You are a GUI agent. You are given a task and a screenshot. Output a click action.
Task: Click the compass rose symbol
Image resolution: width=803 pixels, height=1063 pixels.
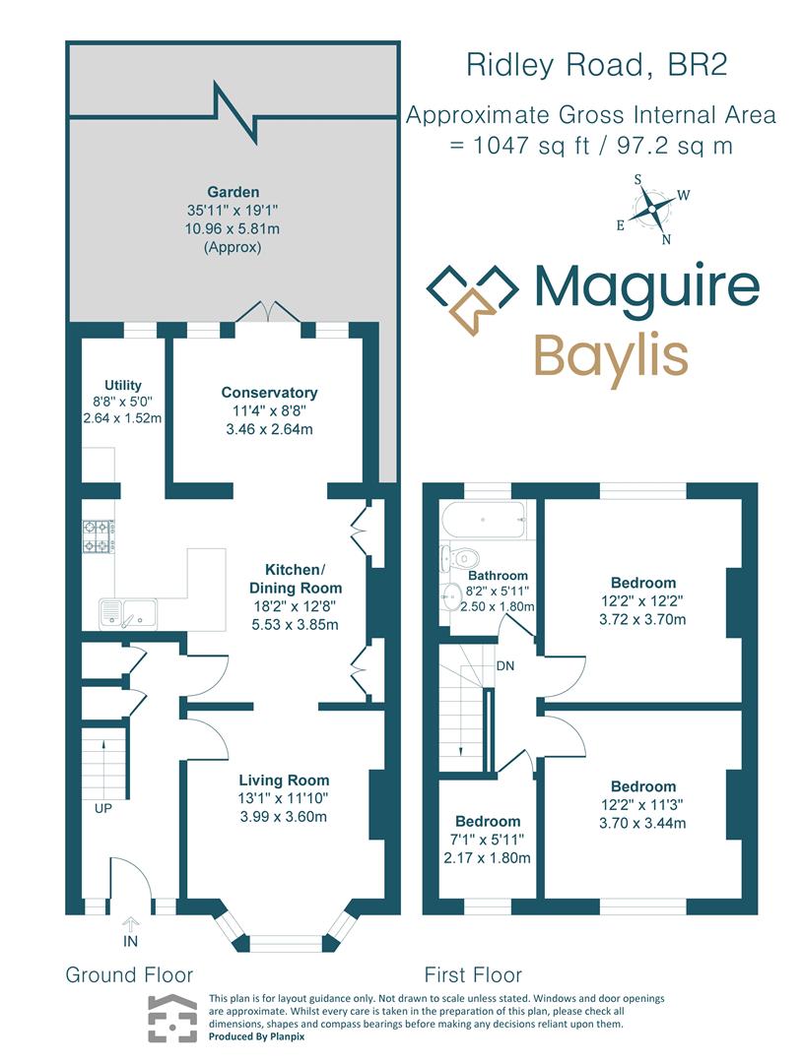[x=651, y=209]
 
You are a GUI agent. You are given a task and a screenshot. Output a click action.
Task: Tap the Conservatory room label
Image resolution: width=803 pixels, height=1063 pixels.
[x=269, y=392]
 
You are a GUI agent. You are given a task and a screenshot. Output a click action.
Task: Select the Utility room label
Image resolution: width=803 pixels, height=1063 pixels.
[x=123, y=385]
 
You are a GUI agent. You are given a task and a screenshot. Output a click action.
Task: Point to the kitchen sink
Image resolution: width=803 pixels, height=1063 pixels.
[x=127, y=612]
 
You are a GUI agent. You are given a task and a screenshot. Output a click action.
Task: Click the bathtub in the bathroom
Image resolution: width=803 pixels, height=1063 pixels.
[x=483, y=519]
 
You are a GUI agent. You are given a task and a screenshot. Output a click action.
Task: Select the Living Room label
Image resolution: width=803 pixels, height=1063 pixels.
[x=284, y=781]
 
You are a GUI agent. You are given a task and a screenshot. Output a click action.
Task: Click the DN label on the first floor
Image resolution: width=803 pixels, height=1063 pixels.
[x=506, y=665]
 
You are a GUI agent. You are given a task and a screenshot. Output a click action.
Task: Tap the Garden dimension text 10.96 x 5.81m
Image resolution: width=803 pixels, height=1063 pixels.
[x=234, y=228]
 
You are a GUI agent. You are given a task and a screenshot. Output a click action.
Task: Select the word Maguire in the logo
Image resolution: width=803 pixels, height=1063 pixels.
[x=646, y=285]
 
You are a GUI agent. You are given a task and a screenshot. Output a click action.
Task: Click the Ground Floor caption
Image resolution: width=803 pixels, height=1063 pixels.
[x=129, y=974]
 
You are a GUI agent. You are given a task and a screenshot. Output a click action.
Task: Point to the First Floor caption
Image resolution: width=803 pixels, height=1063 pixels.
[x=473, y=974]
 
